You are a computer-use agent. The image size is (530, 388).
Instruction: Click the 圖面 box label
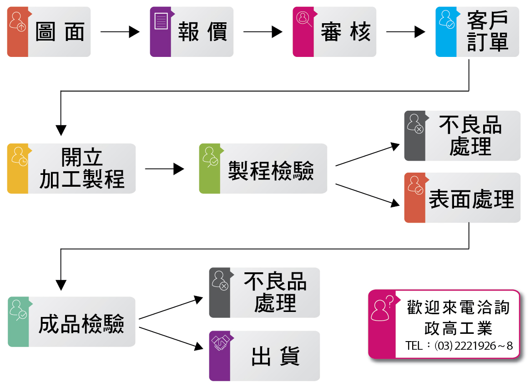[60, 32]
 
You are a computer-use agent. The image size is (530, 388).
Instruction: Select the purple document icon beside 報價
[161, 21]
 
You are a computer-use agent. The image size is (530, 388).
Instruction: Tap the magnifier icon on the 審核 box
[303, 20]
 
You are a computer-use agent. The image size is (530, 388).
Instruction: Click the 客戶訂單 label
[487, 32]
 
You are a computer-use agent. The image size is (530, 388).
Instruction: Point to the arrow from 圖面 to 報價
[120, 32]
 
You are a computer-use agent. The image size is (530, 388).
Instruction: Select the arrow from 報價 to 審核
[262, 32]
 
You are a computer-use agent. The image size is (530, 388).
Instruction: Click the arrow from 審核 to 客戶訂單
[405, 32]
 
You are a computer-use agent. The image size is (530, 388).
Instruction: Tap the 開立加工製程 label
[82, 169]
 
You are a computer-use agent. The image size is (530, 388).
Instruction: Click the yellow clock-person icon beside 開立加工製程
[19, 156]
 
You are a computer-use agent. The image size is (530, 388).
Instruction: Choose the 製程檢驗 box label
[271, 171]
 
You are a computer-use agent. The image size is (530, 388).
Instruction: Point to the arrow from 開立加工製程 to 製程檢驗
[164, 169]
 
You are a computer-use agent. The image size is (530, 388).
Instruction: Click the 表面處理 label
[471, 199]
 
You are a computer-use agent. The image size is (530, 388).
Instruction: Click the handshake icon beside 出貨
[221, 343]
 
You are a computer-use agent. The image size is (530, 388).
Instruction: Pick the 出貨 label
[275, 357]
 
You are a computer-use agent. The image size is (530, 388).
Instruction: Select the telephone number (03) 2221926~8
[473, 346]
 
